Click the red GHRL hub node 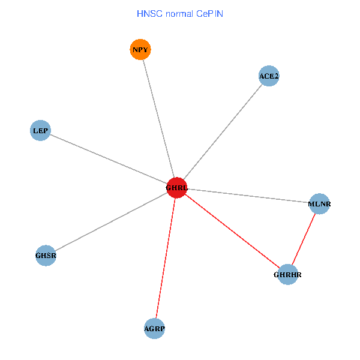[177, 188]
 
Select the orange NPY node [140, 49]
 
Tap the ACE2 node [269, 76]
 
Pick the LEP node [40, 130]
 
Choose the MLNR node [319, 204]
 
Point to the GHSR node [46, 256]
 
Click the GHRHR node [287, 275]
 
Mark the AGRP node [154, 328]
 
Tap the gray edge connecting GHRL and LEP [109, 159]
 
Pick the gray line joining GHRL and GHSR [111, 222]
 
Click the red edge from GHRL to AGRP [166, 258]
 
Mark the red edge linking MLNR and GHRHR [304, 239]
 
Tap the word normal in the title [178, 13]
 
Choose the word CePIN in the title [209, 13]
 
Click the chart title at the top [180, 13]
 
